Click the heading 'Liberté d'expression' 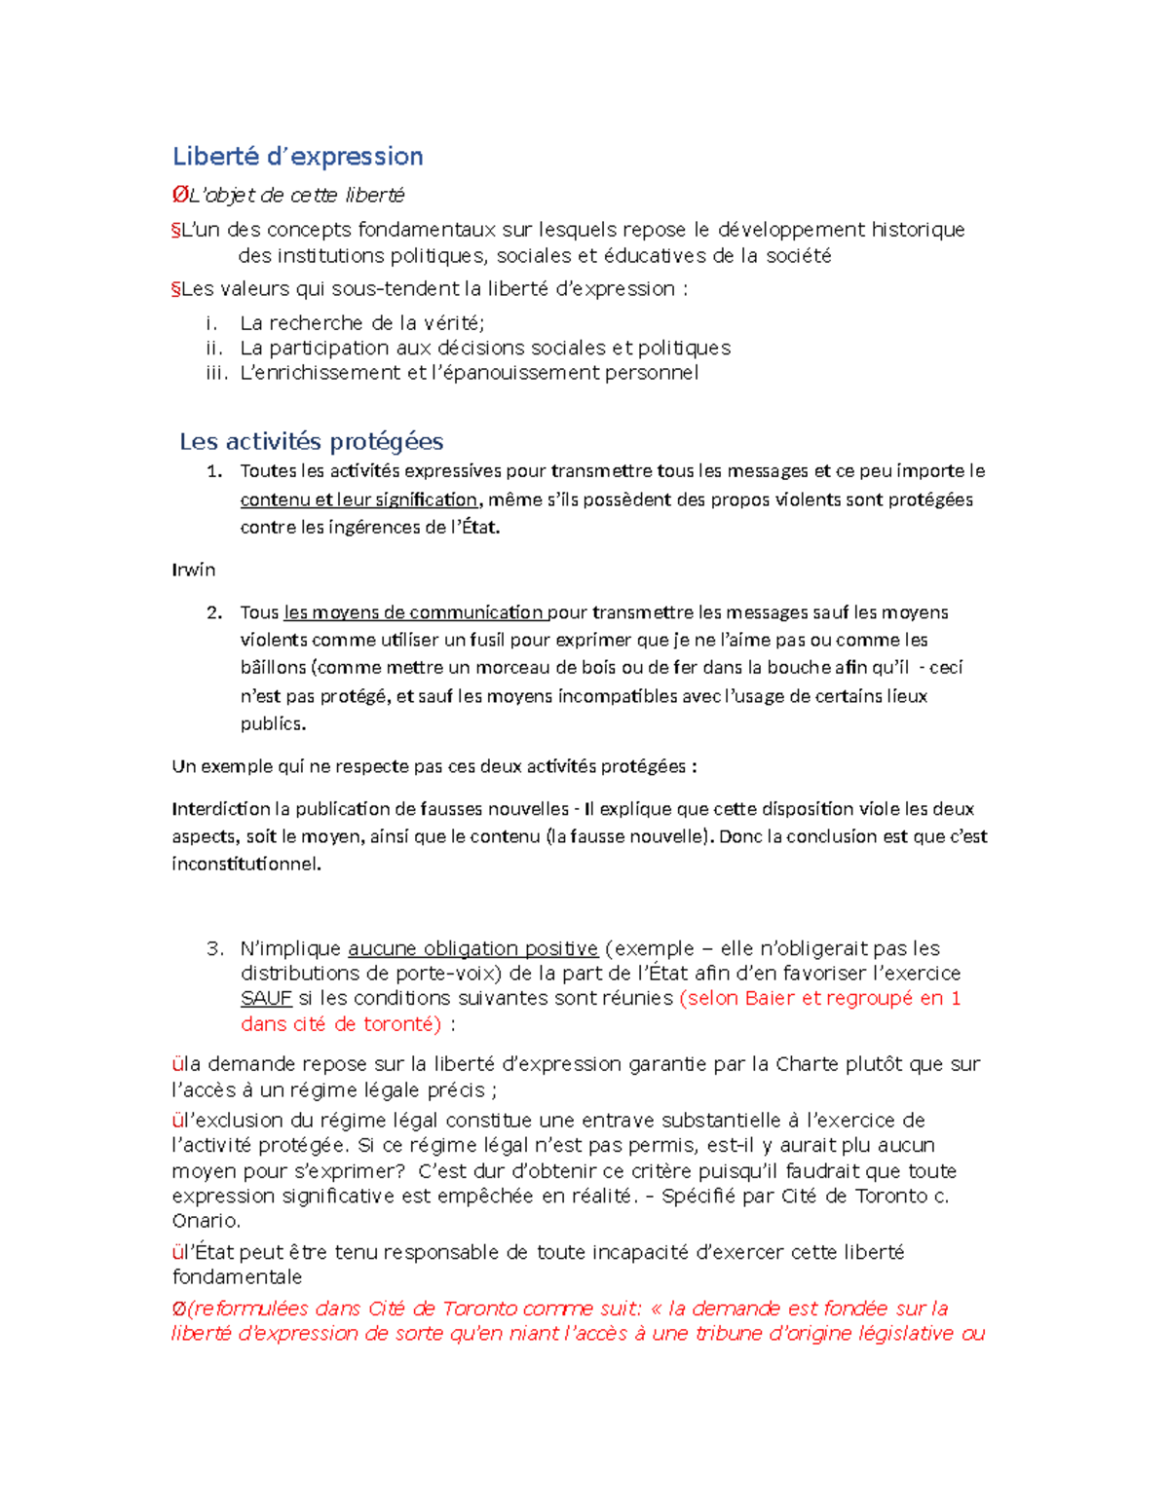click(297, 157)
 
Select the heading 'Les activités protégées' click(311, 442)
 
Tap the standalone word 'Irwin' click(194, 570)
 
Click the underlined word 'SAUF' click(266, 998)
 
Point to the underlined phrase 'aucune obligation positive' click(472, 948)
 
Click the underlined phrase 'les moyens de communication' click(414, 612)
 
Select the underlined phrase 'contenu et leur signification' click(359, 499)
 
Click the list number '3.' click(215, 948)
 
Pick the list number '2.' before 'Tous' click(215, 612)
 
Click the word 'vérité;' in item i click(454, 323)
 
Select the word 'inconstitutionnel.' click(246, 864)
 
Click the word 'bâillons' click(273, 668)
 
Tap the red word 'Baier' click(770, 998)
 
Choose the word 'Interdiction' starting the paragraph click(221, 809)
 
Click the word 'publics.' click(273, 723)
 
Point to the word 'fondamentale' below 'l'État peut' click(237, 1277)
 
